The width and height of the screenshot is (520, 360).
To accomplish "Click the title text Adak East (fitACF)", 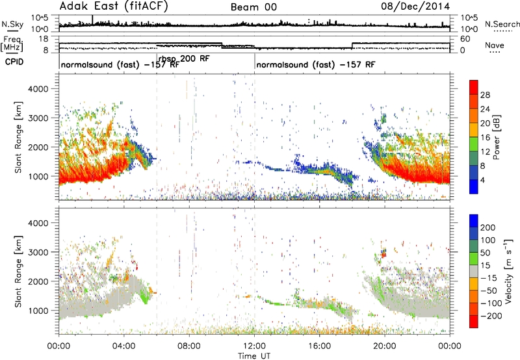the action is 114,6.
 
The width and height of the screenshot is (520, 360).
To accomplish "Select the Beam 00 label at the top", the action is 253,7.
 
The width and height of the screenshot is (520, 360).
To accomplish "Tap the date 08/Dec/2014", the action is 415,6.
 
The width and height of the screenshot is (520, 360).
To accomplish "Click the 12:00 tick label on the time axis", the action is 254,346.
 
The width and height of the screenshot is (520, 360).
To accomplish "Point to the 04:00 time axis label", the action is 124,346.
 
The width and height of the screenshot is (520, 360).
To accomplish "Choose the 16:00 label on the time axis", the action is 319,346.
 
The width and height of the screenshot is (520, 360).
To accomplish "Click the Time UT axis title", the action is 254,356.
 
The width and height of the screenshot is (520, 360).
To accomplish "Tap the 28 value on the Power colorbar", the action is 485,95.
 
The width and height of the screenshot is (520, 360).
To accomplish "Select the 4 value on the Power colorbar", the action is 482,180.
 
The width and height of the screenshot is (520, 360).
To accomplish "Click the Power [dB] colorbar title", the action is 497,137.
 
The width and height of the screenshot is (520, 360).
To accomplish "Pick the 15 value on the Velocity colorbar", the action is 485,266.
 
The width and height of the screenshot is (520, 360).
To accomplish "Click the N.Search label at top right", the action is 502,24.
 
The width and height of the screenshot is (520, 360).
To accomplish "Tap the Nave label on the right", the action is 495,45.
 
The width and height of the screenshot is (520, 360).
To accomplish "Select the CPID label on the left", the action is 14,62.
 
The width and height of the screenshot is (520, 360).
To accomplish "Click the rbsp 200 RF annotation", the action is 184,59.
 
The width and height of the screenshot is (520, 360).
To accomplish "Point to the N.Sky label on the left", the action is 12,24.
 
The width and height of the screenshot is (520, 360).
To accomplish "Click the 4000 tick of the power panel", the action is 38,89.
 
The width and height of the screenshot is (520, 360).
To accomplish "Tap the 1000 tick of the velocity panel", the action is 38,311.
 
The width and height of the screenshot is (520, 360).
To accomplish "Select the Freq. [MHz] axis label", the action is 12,44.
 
